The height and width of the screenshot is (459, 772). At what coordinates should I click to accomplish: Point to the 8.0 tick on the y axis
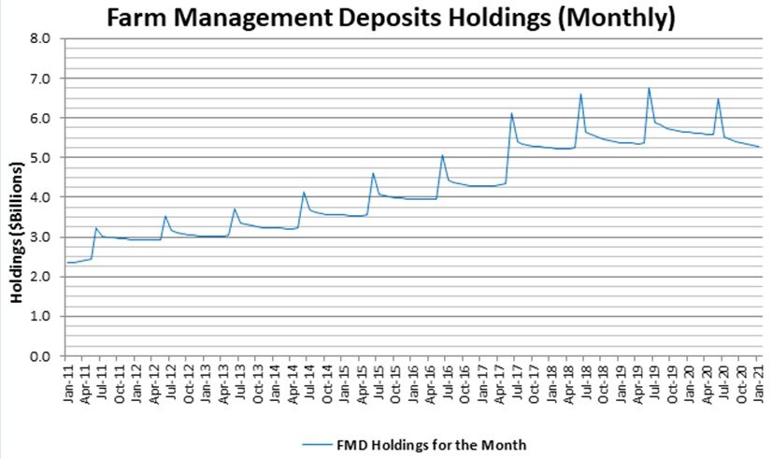[x=40, y=39]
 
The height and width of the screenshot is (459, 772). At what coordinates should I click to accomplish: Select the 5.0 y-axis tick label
[x=40, y=158]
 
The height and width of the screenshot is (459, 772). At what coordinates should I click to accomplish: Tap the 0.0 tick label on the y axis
[x=40, y=356]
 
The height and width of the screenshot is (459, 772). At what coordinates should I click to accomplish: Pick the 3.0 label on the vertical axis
[x=40, y=237]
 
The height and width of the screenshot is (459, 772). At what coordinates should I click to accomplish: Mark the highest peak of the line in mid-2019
[x=649, y=89]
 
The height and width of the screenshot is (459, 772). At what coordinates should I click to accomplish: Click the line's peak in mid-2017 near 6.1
[x=511, y=113]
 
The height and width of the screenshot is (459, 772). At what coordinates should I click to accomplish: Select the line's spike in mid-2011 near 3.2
[x=96, y=228]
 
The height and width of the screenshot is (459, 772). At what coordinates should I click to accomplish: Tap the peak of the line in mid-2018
[x=580, y=94]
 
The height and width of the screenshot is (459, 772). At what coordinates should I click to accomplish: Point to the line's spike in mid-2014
[x=304, y=193]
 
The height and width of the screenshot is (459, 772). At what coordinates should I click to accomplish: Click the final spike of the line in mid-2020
[x=718, y=99]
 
